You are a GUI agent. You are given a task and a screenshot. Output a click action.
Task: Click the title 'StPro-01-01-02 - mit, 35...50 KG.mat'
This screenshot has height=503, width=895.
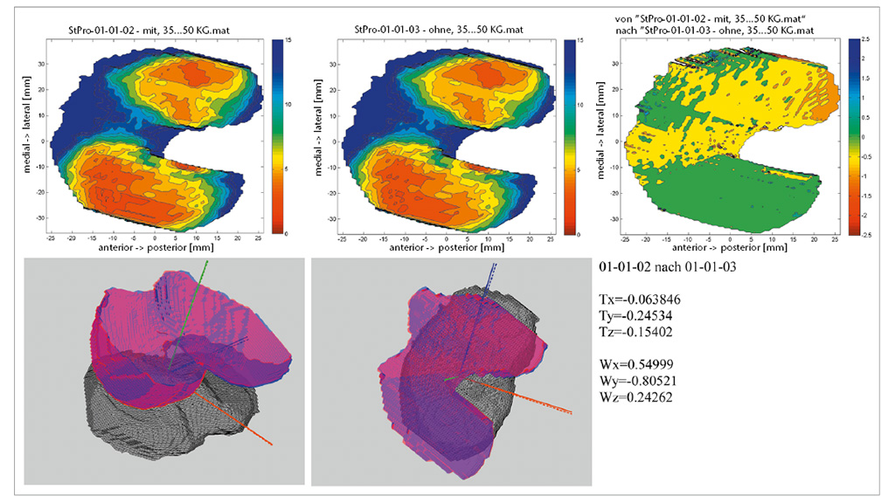click(156, 30)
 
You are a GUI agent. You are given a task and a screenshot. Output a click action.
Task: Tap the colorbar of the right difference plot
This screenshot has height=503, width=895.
click(854, 136)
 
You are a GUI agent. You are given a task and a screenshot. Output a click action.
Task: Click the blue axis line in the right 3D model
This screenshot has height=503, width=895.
click(482, 306)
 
